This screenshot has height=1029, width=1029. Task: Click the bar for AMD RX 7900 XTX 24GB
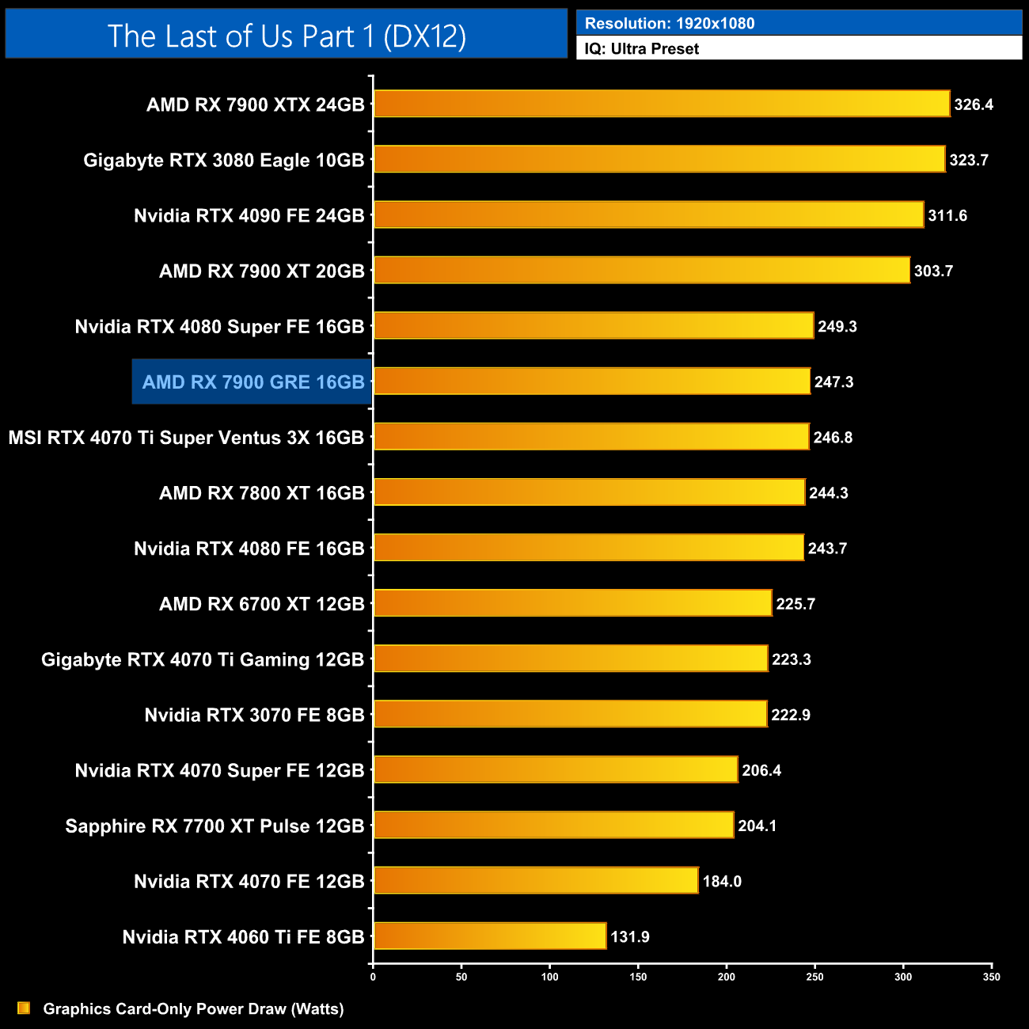tap(661, 104)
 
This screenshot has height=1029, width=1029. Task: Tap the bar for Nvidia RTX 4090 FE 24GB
tap(648, 215)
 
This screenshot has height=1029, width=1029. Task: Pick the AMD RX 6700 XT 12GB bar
tap(572, 603)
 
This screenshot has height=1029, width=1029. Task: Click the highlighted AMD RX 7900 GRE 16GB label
tap(253, 382)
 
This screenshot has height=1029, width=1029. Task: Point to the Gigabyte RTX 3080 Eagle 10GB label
tap(224, 161)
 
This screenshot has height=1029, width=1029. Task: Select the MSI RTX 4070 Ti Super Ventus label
tap(186, 438)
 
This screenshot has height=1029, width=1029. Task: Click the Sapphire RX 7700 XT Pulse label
tap(215, 826)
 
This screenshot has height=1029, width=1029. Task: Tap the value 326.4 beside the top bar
tap(974, 104)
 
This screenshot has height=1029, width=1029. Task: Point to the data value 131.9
tap(630, 937)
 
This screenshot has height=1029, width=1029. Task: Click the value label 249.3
tap(837, 327)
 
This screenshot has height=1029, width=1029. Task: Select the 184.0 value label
tap(722, 882)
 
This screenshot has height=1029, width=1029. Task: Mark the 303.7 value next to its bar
tap(933, 271)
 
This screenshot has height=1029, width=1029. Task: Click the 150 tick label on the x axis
tap(638, 977)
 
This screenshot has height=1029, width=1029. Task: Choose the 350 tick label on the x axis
tap(991, 977)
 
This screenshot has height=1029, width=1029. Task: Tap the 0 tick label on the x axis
tap(373, 977)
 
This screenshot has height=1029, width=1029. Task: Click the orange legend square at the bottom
tap(24, 1008)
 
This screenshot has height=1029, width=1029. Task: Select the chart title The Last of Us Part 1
tap(287, 36)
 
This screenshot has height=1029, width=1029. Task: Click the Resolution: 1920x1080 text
tap(670, 24)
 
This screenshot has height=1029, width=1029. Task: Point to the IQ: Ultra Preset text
tap(642, 49)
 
